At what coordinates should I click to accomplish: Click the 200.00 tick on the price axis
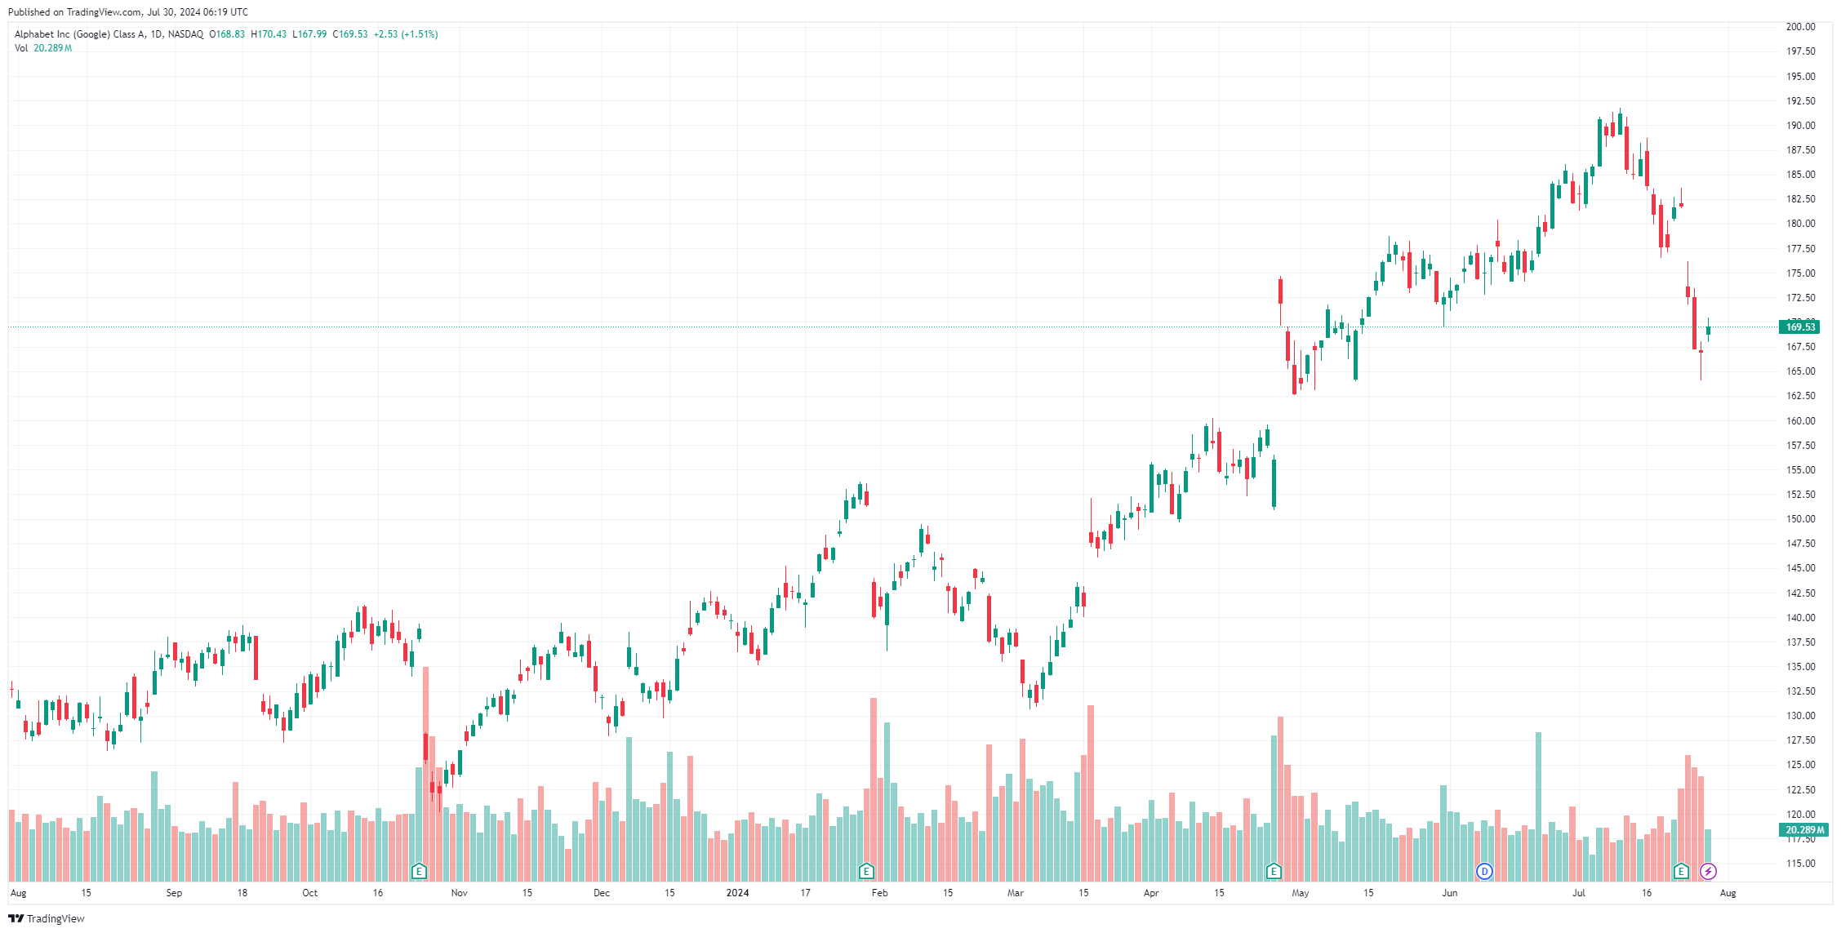(x=1800, y=27)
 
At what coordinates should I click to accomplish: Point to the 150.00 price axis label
(x=1800, y=519)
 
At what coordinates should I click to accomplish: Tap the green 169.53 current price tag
(x=1799, y=327)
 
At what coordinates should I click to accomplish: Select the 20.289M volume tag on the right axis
(x=1803, y=830)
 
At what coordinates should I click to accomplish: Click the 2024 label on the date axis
(x=737, y=893)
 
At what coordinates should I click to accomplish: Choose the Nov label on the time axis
(x=460, y=893)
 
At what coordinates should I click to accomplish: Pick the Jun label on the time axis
(x=1450, y=893)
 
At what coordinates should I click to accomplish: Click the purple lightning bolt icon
(x=1708, y=872)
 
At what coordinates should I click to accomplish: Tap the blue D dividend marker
(x=1484, y=872)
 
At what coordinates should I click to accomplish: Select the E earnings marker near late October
(x=419, y=872)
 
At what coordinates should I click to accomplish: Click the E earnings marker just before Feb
(x=866, y=872)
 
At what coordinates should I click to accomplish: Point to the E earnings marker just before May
(x=1274, y=872)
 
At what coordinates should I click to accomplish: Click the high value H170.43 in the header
(x=269, y=34)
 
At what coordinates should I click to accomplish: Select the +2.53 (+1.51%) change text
(x=406, y=34)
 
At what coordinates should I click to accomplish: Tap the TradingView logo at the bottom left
(x=47, y=919)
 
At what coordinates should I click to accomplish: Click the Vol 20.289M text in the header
(x=43, y=48)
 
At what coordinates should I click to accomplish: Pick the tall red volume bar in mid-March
(x=1091, y=792)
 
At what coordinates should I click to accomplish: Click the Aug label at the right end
(x=1728, y=893)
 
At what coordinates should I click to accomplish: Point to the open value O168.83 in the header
(x=227, y=34)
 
